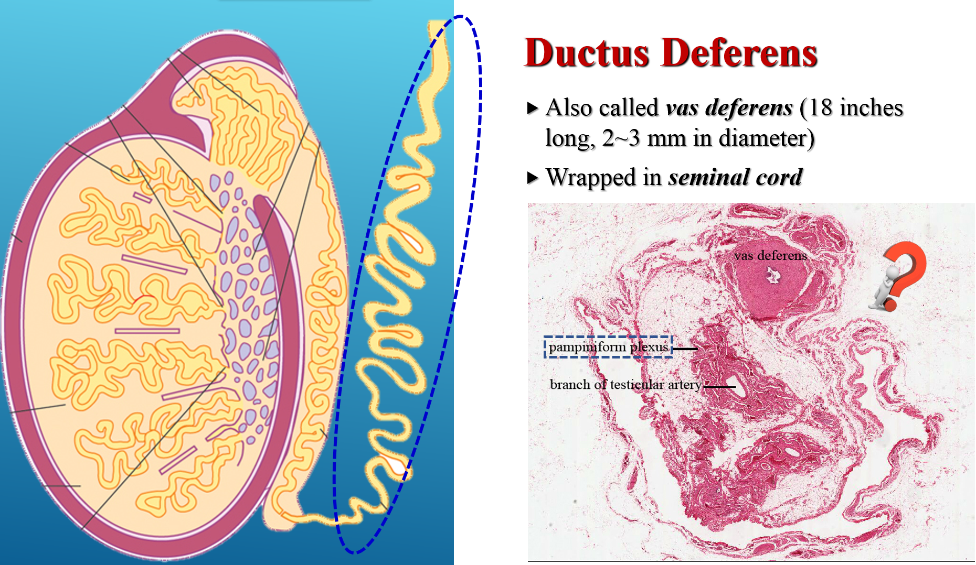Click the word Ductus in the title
[587, 53]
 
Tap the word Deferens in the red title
[739, 53]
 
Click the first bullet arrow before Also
[533, 108]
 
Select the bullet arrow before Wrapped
[533, 178]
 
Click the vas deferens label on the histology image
[770, 255]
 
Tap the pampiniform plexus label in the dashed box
[609, 347]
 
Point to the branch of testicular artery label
[625, 385]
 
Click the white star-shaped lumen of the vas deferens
[772, 275]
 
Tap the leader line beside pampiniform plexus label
[685, 349]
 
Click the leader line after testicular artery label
[719, 387]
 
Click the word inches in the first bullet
[871, 108]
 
